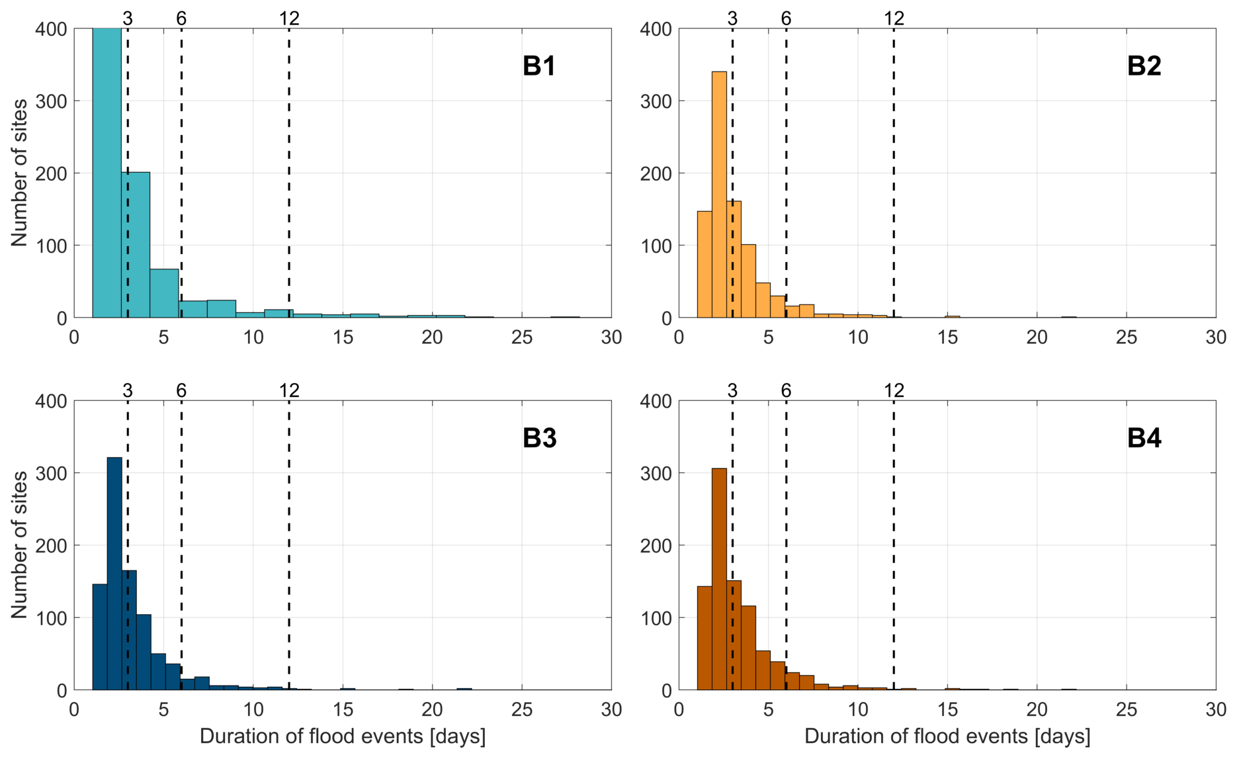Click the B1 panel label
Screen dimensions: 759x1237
[x=538, y=66]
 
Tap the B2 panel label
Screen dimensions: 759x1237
[x=1144, y=66]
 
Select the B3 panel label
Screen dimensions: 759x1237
[x=539, y=438]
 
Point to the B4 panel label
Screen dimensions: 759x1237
[x=1144, y=438]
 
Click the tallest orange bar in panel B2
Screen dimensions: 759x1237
[x=719, y=195]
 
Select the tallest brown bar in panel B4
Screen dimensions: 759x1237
[x=719, y=579]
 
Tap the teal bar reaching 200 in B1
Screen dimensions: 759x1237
[x=136, y=245]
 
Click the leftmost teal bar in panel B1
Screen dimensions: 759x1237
[x=107, y=172]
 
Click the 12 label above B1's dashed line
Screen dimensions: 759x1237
[x=289, y=19]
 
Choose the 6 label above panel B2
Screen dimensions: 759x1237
[x=786, y=19]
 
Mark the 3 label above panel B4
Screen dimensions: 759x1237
[x=732, y=391]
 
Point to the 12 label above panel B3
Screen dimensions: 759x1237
[x=289, y=391]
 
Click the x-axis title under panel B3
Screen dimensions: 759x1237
[x=343, y=737]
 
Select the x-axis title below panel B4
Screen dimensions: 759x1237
[x=947, y=737]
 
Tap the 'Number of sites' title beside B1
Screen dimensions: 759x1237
[x=20, y=173]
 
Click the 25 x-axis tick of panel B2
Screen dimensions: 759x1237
[x=1127, y=337]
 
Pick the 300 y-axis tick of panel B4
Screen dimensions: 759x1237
[x=656, y=474]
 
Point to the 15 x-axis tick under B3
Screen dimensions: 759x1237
[x=343, y=709]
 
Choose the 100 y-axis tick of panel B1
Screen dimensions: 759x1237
[x=52, y=246]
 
